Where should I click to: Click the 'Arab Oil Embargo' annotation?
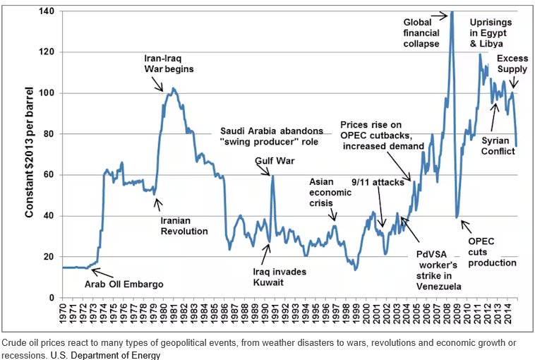tap(124, 284)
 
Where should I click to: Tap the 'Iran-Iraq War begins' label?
tap(164, 64)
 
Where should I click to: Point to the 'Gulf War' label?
tap(275, 161)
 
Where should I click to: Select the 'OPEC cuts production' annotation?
tap(493, 252)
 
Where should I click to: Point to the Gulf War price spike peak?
tap(272, 176)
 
